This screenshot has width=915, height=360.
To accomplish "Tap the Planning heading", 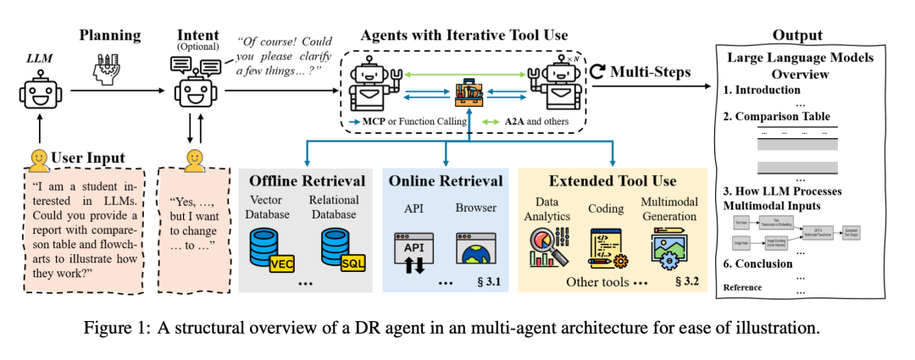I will coord(109,35).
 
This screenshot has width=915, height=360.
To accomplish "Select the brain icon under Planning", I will coord(109,65).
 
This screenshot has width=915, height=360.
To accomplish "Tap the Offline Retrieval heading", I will coord(306,180).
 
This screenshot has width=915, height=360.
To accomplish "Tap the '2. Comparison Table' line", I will coord(776,116).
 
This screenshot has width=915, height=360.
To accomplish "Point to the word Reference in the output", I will coord(742,287).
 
